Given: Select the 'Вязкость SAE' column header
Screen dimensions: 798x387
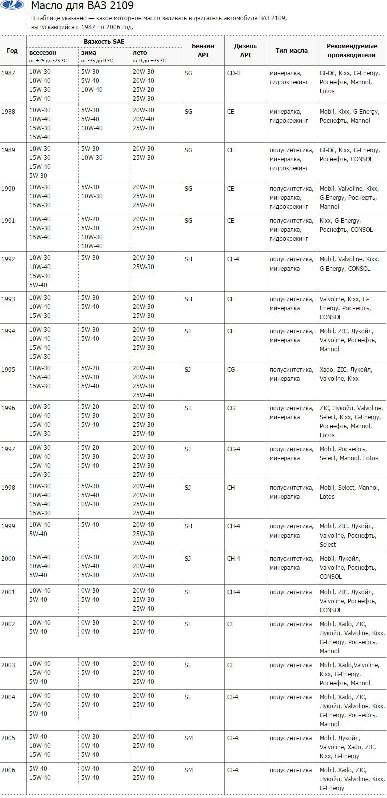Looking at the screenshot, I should pyautogui.click(x=104, y=41).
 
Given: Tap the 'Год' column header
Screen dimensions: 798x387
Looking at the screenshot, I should pyautogui.click(x=12, y=51).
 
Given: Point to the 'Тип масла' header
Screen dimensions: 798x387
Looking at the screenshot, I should pyautogui.click(x=291, y=51).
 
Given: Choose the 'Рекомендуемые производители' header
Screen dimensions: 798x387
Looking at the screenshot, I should pyautogui.click(x=351, y=50).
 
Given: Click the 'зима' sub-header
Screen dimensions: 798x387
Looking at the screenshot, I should pyautogui.click(x=89, y=53).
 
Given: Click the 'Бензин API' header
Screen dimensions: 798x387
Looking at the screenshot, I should pyautogui.click(x=203, y=50).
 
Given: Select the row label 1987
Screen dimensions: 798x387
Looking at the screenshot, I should pyautogui.click(x=8, y=73).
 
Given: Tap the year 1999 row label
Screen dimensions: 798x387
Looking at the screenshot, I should pyautogui.click(x=8, y=525).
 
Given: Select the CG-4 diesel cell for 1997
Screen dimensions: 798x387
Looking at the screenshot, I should pyautogui.click(x=233, y=449).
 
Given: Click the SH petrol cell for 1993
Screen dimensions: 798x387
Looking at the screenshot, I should pyautogui.click(x=188, y=299).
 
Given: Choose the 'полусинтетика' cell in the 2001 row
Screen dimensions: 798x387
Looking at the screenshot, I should pyautogui.click(x=290, y=592).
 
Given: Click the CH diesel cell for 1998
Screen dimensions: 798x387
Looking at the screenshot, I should pyautogui.click(x=231, y=488).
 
